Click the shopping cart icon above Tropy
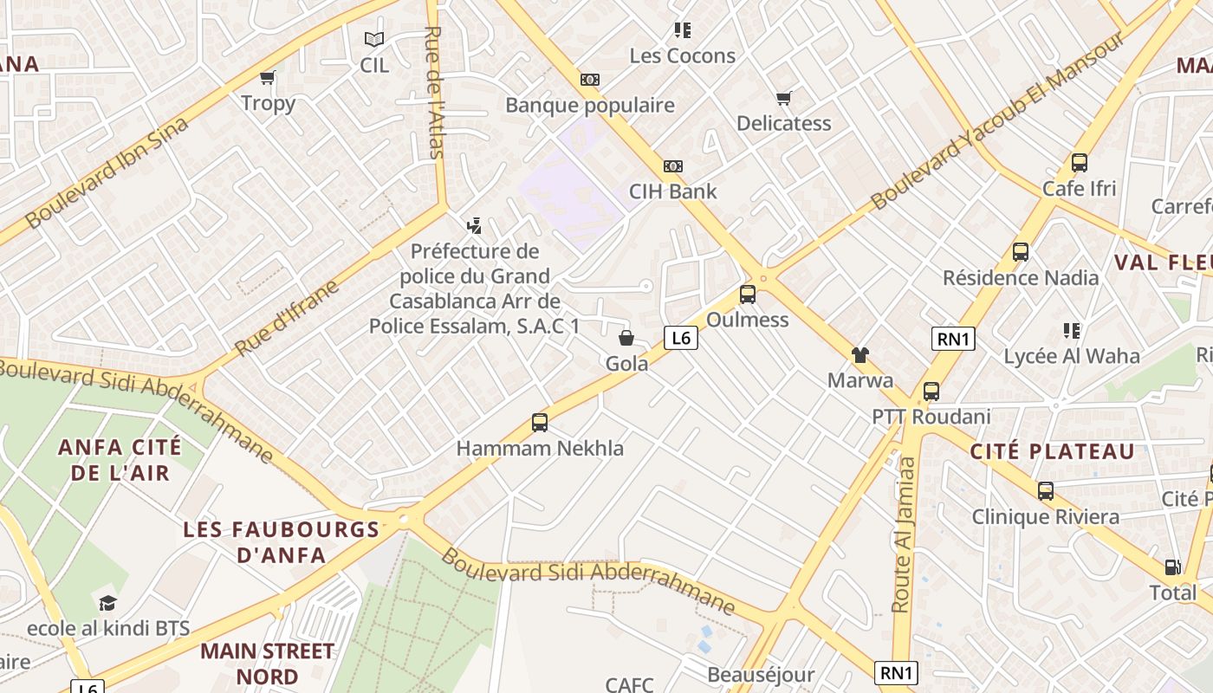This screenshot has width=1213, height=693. (x=268, y=78)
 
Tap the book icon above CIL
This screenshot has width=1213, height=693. (x=374, y=39)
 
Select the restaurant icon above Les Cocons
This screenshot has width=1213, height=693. (x=683, y=30)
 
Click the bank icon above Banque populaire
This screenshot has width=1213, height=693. (x=590, y=80)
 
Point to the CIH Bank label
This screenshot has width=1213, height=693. (x=673, y=191)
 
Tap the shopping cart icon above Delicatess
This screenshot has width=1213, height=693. (x=784, y=98)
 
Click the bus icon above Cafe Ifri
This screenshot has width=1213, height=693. (x=1080, y=163)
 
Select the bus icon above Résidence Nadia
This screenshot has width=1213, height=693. (x=1021, y=252)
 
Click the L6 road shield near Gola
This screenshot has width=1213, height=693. (x=681, y=338)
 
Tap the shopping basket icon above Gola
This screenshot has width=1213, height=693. (x=626, y=338)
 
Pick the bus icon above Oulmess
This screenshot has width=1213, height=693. (x=748, y=295)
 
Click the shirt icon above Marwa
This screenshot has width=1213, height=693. (x=859, y=354)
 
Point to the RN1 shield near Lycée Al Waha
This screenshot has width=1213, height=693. (x=953, y=339)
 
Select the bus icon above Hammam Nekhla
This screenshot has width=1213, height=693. (x=540, y=423)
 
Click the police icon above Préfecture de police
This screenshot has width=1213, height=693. (x=474, y=227)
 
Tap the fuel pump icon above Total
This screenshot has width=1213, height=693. (x=1172, y=567)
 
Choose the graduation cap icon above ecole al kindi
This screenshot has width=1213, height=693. (x=107, y=603)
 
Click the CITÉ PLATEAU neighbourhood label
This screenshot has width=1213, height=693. (x=1052, y=451)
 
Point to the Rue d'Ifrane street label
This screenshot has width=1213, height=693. (x=287, y=317)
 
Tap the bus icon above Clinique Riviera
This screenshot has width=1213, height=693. (x=1046, y=491)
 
